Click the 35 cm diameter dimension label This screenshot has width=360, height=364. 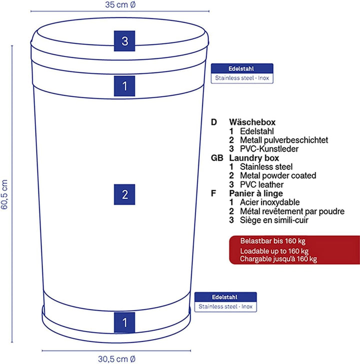pos(120,4)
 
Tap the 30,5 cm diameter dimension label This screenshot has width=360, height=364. pos(116,359)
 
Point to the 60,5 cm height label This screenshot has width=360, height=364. pos(4,194)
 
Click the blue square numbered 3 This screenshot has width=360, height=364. pos(124,41)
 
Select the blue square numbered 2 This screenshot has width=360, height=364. pos(124,194)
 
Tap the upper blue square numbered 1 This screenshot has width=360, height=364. pos(124,86)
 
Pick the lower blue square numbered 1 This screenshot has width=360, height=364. pos(124,323)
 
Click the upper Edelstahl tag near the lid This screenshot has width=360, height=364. pos(242,73)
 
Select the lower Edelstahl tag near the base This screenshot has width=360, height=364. pos(225,302)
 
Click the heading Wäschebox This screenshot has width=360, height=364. pos(252,122)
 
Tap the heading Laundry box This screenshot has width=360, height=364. pos(254,158)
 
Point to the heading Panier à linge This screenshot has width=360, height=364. pos(256,193)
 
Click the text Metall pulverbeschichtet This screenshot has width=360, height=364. pos(284,140)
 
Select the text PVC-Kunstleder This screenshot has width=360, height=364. pos(269,149)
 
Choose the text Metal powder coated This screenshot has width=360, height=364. pos(278,175)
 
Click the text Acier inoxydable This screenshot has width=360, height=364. pos(270,202)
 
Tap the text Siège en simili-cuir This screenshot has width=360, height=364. pos(274,220)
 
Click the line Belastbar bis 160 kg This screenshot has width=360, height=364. pos(272,241)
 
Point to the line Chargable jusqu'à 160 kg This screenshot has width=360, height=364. pos(278,259)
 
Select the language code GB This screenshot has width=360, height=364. pos(217,158)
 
